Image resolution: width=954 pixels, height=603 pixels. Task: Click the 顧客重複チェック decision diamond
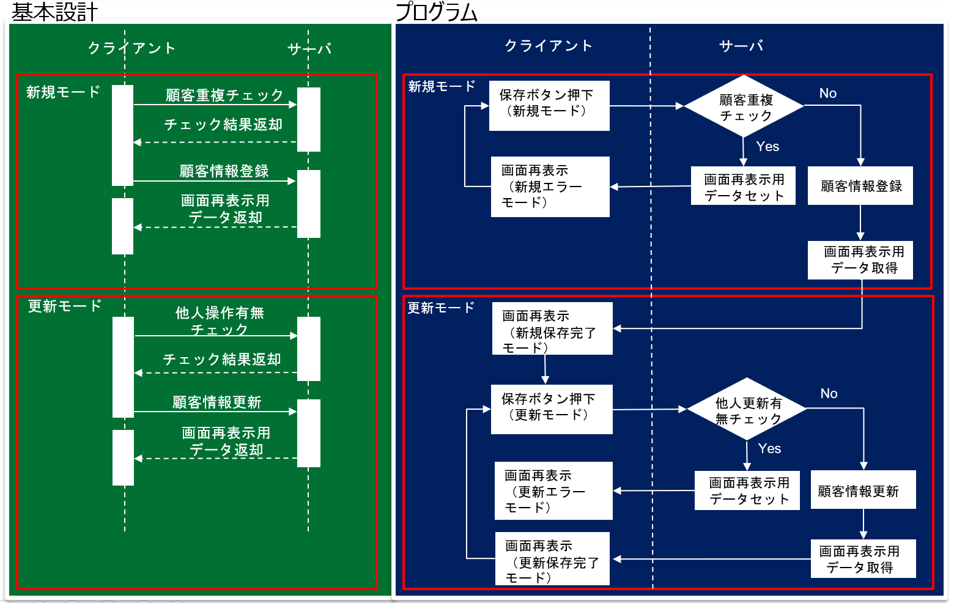pos(744,106)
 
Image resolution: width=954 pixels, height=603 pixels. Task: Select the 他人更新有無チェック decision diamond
pos(747,410)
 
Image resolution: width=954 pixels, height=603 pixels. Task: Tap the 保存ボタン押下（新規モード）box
pos(549,105)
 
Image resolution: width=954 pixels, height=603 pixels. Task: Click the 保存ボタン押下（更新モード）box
pos(551,409)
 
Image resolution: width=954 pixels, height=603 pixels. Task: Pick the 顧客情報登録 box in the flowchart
pos(860,186)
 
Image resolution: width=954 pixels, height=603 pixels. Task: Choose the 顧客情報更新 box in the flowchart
pos(862,490)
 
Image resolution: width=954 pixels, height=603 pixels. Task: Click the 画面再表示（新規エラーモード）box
pos(550,187)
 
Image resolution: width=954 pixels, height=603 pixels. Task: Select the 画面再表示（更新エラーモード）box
pos(553,490)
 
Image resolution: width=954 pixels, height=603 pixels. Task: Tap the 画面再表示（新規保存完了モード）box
pos(552,328)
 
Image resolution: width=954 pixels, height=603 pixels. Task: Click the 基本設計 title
pos(55,12)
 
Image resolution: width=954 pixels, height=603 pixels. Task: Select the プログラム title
pos(436,12)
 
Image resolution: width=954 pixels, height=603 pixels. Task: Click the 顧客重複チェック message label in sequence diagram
pos(224,95)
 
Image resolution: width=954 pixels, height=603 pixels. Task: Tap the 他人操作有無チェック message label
pos(220,320)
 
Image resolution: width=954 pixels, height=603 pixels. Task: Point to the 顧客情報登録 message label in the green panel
pos(224,171)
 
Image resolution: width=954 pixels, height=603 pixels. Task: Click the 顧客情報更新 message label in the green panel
pos(217,402)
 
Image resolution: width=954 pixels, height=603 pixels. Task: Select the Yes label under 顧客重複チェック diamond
pos(767,147)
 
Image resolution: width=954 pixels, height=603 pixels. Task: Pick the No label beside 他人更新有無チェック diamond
pos(829,394)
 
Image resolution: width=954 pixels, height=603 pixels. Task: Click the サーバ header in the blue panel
pos(741,46)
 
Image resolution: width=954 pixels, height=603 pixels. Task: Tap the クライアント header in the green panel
pos(131,48)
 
